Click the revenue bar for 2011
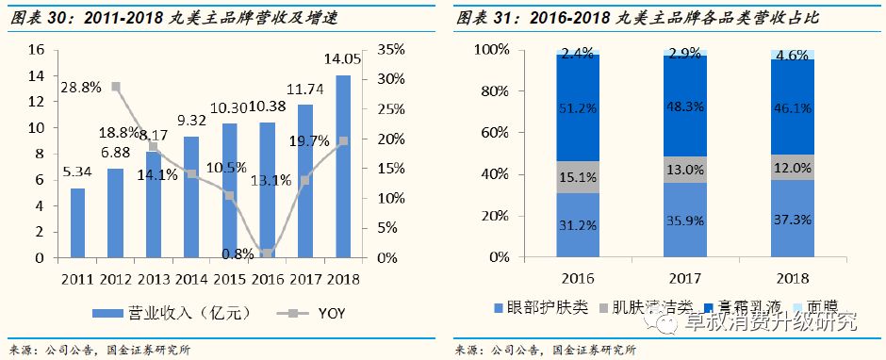click(x=77, y=222)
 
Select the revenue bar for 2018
click(x=342, y=166)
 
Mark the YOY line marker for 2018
click(x=342, y=140)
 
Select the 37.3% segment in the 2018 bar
click(x=793, y=219)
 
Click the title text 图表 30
click(x=37, y=18)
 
